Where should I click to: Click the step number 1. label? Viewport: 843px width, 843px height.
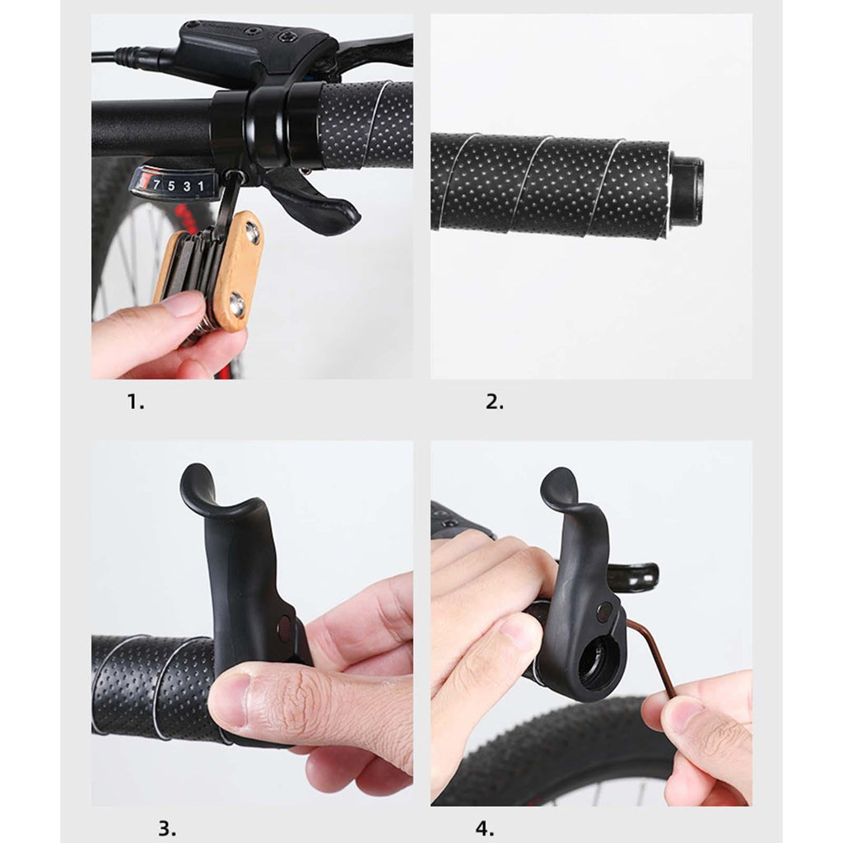[x=136, y=402]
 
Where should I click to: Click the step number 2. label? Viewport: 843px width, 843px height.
[x=495, y=402]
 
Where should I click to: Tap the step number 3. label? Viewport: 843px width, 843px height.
[x=167, y=828]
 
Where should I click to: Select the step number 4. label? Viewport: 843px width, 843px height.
[x=484, y=828]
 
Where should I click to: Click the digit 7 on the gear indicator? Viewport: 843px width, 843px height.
[x=156, y=185]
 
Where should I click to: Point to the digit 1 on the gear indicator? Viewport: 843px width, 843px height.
[x=201, y=186]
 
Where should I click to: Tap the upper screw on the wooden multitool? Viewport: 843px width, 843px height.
[x=252, y=233]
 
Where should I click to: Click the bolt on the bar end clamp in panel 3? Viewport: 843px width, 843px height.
[x=284, y=628]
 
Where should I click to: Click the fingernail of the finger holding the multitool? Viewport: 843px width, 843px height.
[x=184, y=305]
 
